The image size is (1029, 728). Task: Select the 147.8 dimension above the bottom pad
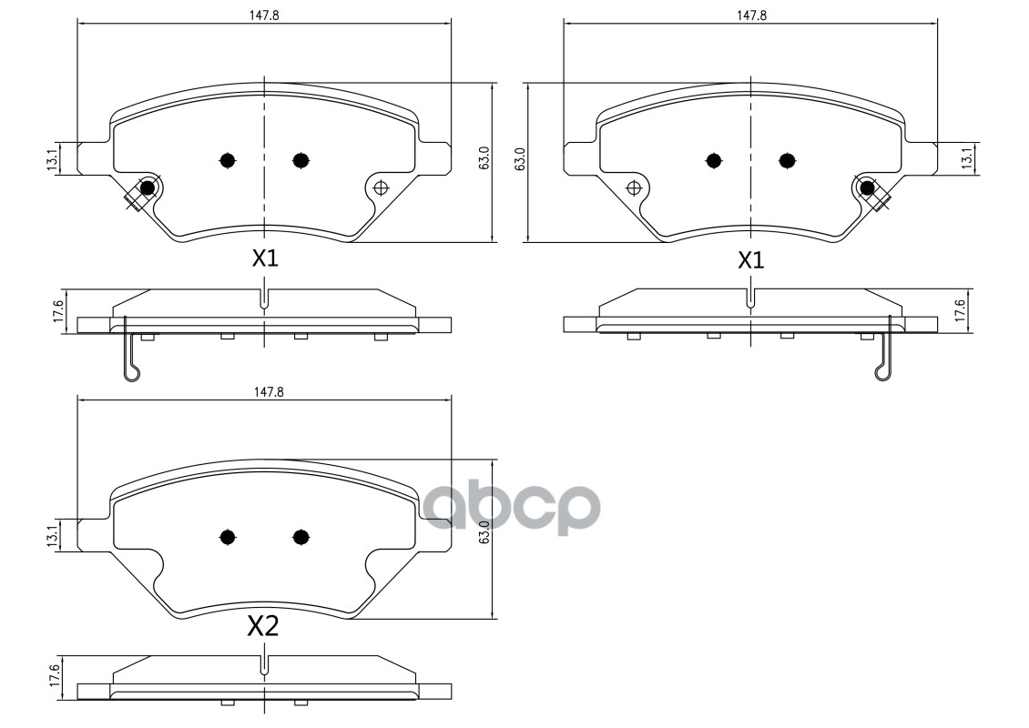point(264,391)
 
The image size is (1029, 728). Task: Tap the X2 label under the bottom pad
point(263,626)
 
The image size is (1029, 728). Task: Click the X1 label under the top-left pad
point(264,258)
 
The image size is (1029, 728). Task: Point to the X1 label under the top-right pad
point(749,260)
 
